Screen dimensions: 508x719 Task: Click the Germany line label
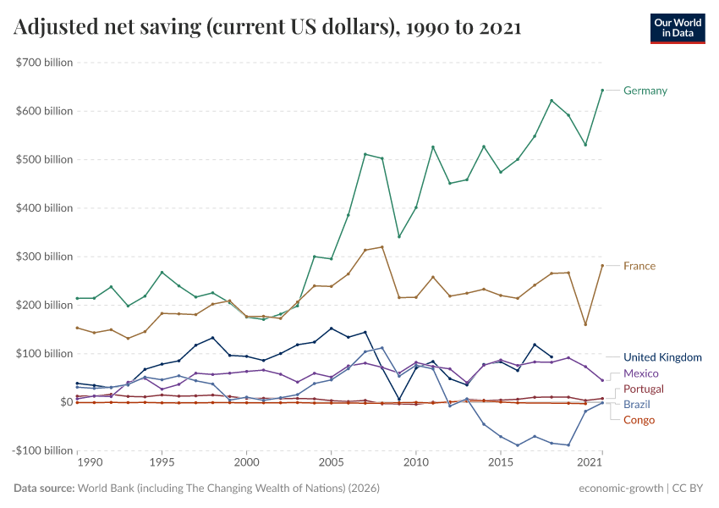[x=645, y=91]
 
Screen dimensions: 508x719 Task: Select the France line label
[x=639, y=266]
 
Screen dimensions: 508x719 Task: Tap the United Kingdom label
[x=662, y=357]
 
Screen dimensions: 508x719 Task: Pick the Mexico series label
[x=640, y=373]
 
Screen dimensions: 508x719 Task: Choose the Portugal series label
[x=645, y=389]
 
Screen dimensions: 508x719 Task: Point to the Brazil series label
[x=637, y=405]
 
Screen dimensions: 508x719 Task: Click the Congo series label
[x=639, y=420]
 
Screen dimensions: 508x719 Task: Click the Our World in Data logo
[x=678, y=28]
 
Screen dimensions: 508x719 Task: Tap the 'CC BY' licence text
[x=688, y=489]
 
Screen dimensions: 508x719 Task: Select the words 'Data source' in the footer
[x=43, y=489]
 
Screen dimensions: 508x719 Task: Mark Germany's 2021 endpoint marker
[x=602, y=91]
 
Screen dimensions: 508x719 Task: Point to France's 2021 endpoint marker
[x=602, y=266]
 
